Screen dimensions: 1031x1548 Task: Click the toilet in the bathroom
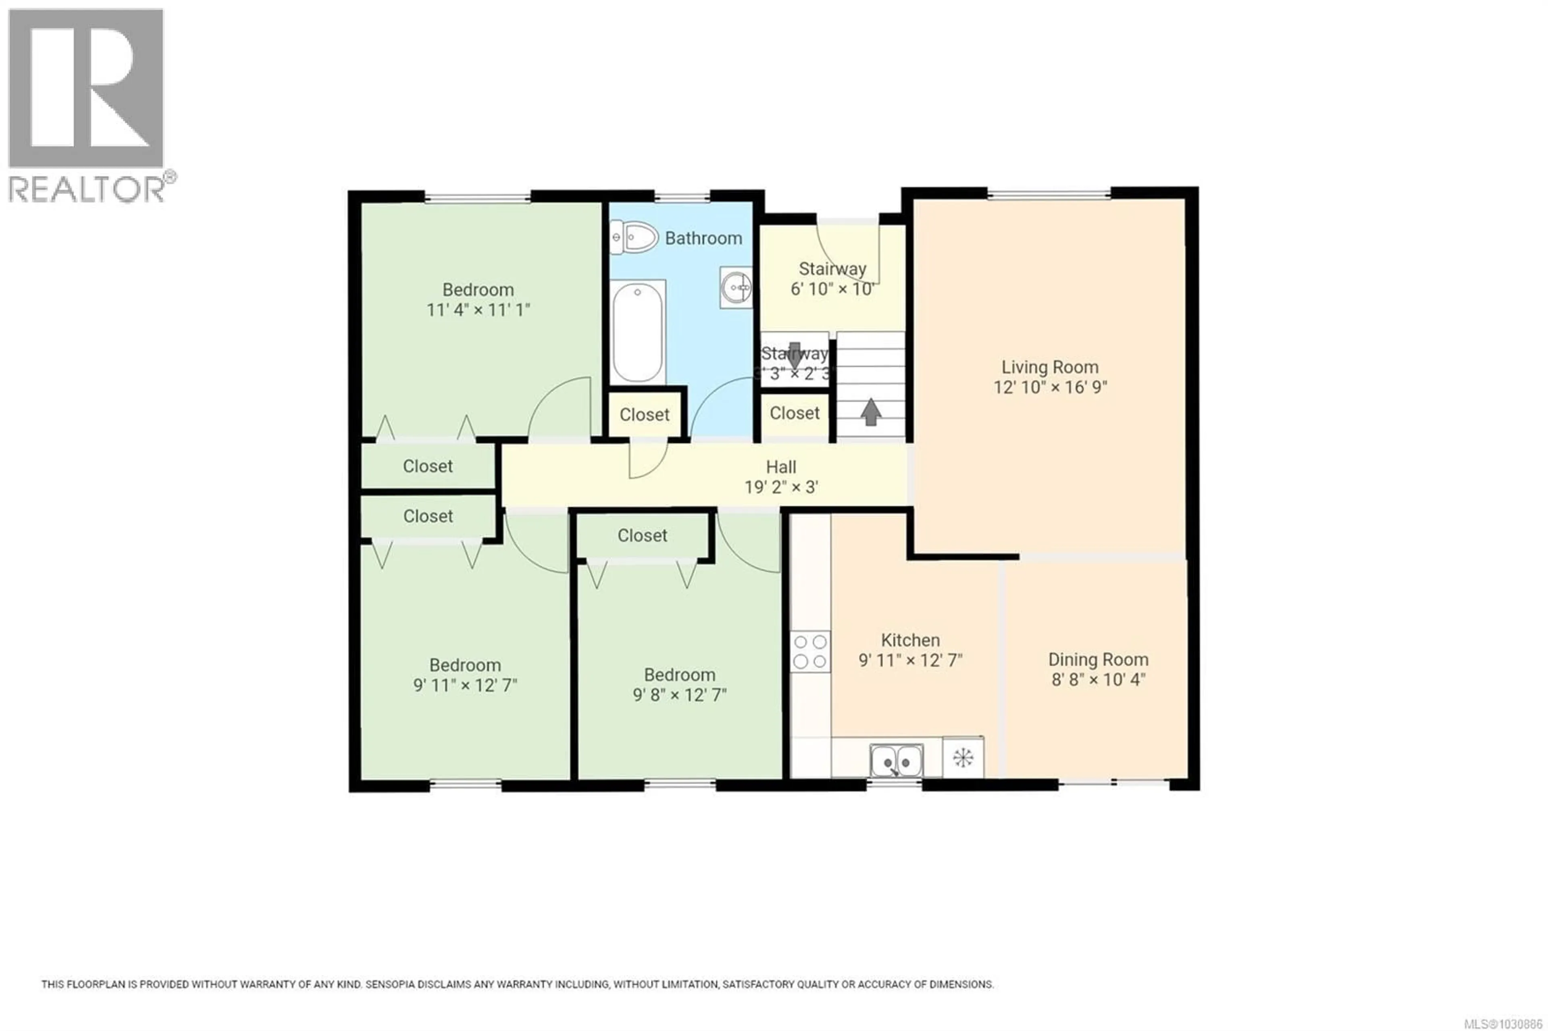(x=634, y=237)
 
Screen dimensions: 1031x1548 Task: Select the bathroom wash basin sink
(x=736, y=287)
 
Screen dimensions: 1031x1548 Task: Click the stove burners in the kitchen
(x=810, y=651)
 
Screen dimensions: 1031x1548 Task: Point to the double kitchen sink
(x=896, y=761)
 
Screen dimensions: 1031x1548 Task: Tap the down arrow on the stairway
(x=794, y=355)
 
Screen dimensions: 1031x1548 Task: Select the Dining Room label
(x=1098, y=659)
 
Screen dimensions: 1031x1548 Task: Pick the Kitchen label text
(x=910, y=640)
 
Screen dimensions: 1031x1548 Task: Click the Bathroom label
(x=703, y=238)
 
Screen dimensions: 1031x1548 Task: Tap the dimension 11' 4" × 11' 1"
(x=478, y=310)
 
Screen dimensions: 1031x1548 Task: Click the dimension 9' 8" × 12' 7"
(x=679, y=695)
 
